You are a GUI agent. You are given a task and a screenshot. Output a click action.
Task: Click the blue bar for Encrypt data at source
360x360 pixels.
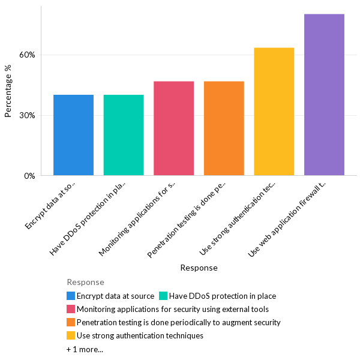(x=73, y=135)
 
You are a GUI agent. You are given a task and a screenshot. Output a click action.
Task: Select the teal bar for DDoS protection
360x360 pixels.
(x=124, y=135)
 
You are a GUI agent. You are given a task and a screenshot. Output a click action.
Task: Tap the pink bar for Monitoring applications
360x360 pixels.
(x=173, y=128)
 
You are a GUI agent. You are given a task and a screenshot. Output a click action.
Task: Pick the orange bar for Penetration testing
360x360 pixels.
(x=224, y=128)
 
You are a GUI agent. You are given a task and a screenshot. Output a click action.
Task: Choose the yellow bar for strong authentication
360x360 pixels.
(x=274, y=112)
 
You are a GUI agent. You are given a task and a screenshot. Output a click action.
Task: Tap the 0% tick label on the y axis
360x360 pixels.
(x=29, y=176)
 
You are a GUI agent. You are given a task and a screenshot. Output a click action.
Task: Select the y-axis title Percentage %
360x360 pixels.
(x=8, y=91)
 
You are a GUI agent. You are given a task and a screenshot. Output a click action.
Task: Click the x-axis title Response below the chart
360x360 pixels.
(x=199, y=268)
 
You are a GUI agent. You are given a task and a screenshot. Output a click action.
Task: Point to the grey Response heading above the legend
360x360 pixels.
(x=85, y=282)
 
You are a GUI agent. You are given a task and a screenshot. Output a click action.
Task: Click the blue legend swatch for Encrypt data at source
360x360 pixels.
(x=71, y=296)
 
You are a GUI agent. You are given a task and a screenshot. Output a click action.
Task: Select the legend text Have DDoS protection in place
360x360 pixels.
(x=222, y=296)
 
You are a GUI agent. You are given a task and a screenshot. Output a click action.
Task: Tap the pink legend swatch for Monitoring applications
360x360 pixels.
(x=71, y=309)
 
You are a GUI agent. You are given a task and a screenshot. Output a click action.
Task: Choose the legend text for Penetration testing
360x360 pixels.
(x=178, y=322)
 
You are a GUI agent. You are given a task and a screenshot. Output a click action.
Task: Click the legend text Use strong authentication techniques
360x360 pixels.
(x=140, y=335)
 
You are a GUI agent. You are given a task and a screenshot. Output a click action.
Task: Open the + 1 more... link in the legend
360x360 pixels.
(x=85, y=349)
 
